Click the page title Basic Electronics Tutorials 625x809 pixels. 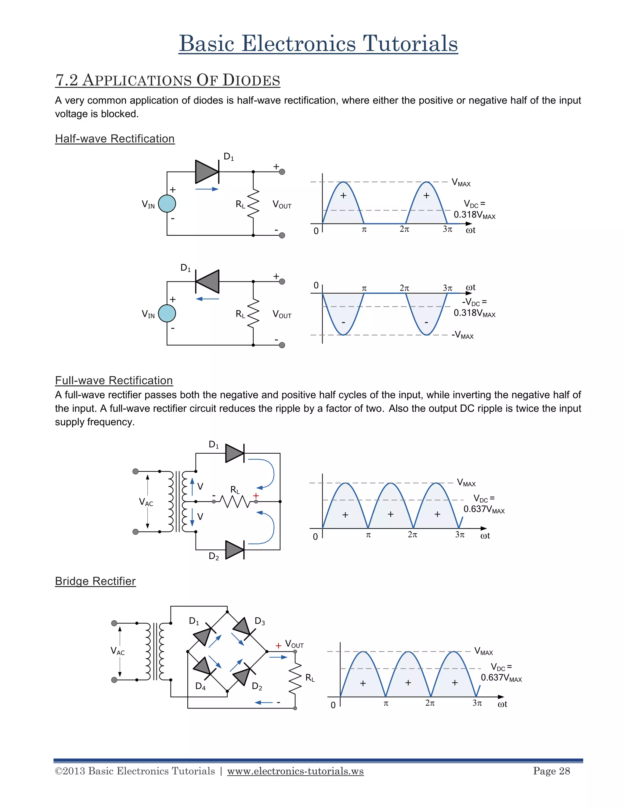click(318, 44)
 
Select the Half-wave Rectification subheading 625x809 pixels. click(115, 139)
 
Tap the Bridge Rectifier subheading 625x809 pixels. click(95, 581)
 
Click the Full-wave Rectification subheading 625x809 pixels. click(114, 380)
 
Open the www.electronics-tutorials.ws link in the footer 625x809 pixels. click(295, 771)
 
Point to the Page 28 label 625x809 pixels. click(551, 771)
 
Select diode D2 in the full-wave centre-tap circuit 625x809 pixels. click(234, 550)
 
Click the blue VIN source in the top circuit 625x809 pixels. click(167, 204)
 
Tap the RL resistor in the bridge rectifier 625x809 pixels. click(295, 677)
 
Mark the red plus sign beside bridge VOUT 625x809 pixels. click(278, 646)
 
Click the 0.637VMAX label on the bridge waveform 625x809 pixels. click(501, 678)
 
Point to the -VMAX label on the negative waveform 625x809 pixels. click(462, 335)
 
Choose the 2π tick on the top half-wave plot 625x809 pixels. click(404, 229)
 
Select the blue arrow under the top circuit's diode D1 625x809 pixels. click(207, 189)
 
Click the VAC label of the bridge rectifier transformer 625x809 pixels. click(118, 651)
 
